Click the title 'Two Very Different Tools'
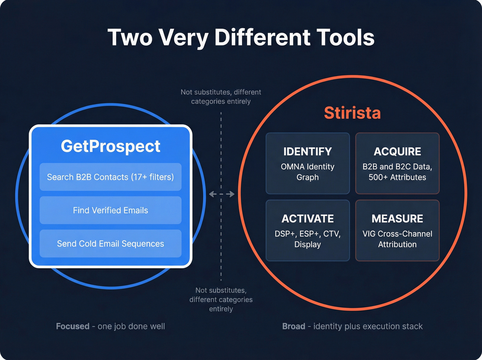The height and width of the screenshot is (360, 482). click(241, 37)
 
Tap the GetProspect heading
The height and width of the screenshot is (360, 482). click(111, 146)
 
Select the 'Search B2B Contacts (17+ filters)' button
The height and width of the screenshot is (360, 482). click(111, 177)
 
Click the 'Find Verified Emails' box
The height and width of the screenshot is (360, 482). click(111, 210)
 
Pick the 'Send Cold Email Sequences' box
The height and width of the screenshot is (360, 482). click(111, 244)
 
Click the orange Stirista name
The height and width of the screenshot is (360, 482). click(352, 113)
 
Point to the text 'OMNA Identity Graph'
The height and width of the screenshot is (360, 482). click(307, 172)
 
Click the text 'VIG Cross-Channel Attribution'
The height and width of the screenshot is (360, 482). click(397, 239)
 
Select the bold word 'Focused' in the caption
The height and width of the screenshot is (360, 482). click(73, 326)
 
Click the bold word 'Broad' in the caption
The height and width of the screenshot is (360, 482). click(294, 326)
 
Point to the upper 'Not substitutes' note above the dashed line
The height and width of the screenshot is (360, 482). click(221, 97)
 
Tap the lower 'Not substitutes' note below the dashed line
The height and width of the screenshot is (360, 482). click(221, 300)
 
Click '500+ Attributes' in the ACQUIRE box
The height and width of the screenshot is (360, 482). click(397, 177)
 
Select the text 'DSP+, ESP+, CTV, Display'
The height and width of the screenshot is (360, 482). click(307, 239)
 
